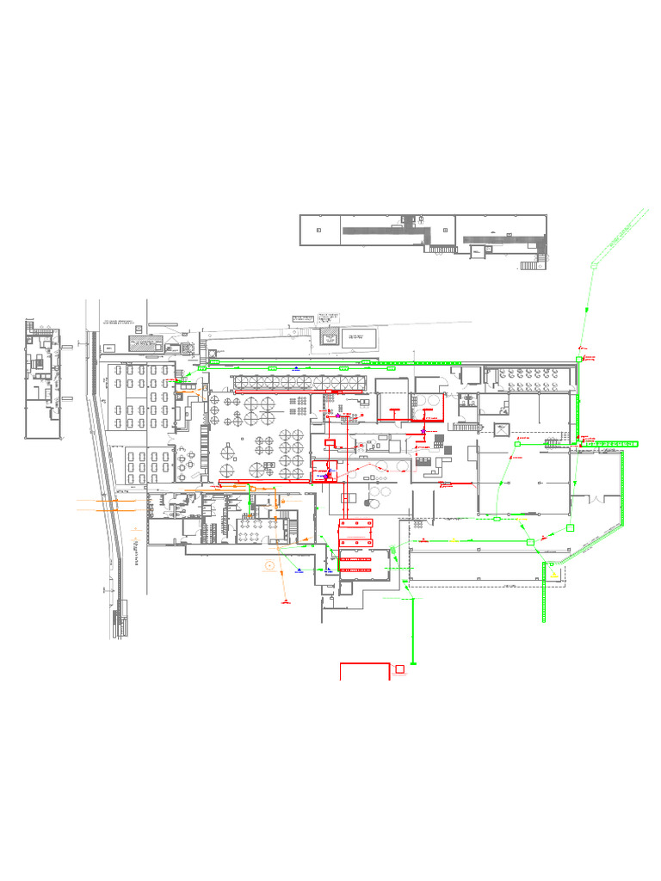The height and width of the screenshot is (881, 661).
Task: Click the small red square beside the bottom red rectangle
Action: point(399,668)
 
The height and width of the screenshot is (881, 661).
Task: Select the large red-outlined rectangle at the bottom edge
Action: point(365,671)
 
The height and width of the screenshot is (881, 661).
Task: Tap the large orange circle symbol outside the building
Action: point(270,565)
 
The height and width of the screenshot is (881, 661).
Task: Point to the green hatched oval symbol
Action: point(392,549)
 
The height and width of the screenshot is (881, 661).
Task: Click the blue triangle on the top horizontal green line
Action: point(294,367)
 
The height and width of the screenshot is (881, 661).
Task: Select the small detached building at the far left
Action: point(42,379)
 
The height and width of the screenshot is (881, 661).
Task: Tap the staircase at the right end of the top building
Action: point(528,266)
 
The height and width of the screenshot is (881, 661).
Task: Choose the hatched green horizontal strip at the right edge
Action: point(611,443)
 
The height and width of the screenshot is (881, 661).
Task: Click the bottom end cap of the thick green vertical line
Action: point(414,663)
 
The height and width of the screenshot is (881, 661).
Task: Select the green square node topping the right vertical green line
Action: point(578,360)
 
